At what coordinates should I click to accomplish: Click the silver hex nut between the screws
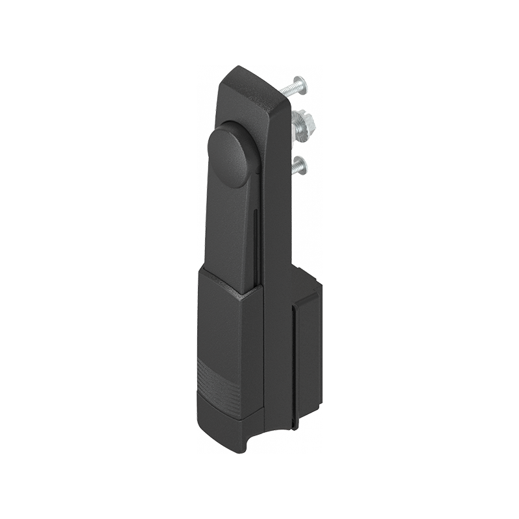[304, 123]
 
